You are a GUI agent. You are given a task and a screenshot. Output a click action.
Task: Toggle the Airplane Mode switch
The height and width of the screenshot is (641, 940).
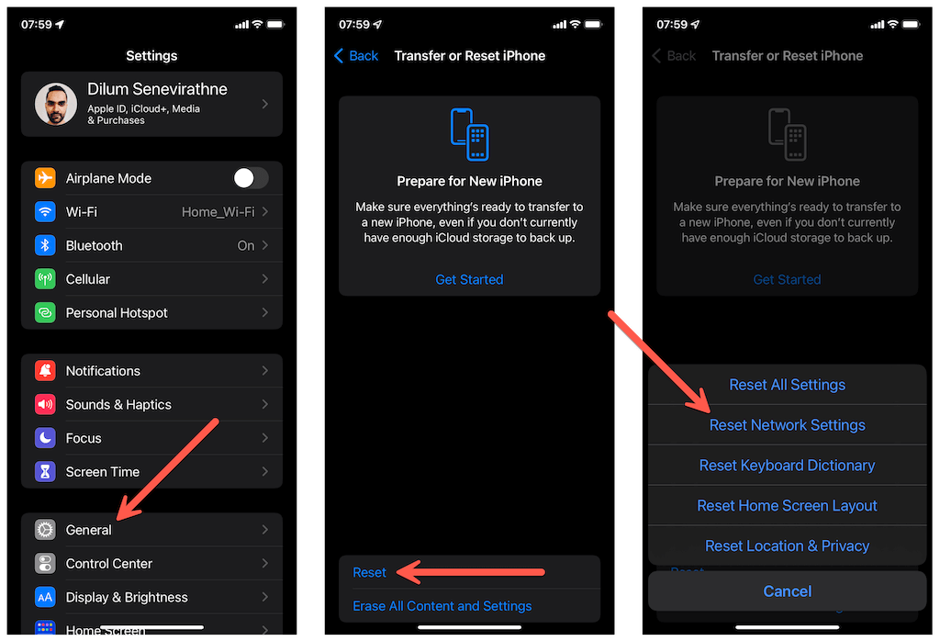tap(251, 178)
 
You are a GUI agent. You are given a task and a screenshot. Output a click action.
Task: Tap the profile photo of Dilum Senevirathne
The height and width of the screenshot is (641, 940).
tap(56, 104)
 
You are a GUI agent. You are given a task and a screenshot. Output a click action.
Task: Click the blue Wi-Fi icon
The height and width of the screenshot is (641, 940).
tap(45, 211)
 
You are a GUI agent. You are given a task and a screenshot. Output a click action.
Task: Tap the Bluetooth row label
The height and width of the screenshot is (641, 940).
tap(95, 246)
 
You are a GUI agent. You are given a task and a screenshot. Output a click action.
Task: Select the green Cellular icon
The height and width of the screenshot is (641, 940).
tap(45, 279)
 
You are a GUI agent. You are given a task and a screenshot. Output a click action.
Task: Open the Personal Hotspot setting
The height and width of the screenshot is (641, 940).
tap(117, 313)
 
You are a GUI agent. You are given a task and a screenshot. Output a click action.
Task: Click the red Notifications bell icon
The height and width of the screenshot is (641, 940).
tap(45, 371)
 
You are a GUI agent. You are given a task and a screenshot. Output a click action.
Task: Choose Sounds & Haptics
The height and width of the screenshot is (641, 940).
tap(118, 405)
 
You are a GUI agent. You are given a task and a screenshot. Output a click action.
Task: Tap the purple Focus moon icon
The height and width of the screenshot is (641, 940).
tap(45, 438)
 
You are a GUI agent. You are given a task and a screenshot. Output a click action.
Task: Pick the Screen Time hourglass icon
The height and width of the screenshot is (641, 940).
tap(45, 472)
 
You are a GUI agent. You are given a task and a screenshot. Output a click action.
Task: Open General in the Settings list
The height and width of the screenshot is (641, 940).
tap(89, 530)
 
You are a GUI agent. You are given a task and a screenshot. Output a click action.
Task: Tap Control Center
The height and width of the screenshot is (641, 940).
tap(109, 564)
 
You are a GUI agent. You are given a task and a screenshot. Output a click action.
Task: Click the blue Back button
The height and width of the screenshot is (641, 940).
tap(356, 56)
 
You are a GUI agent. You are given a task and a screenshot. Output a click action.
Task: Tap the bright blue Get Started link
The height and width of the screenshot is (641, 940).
tap(469, 279)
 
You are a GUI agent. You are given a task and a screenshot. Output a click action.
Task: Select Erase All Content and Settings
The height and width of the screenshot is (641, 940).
tap(442, 606)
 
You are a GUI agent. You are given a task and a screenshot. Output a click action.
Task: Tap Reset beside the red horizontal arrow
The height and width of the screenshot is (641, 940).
tap(369, 573)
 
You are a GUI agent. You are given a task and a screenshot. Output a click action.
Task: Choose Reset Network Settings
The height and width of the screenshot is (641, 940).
tap(787, 425)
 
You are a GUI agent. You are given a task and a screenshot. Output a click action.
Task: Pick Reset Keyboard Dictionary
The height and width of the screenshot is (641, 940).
tap(787, 466)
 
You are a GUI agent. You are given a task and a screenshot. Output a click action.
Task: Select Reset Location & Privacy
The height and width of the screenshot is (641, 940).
tap(787, 545)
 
